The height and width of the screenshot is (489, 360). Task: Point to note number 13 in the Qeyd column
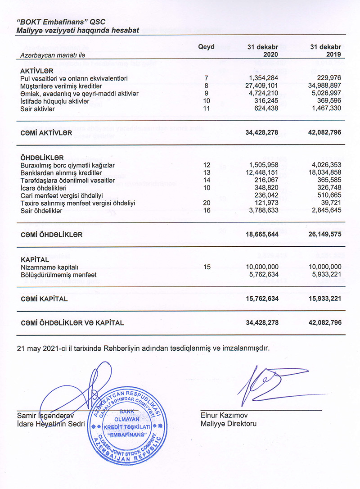(207, 172)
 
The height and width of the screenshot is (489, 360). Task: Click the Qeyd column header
(206, 47)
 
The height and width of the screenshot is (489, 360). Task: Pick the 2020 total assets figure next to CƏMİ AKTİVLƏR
(262, 133)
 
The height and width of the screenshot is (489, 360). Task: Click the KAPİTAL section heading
(34, 260)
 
